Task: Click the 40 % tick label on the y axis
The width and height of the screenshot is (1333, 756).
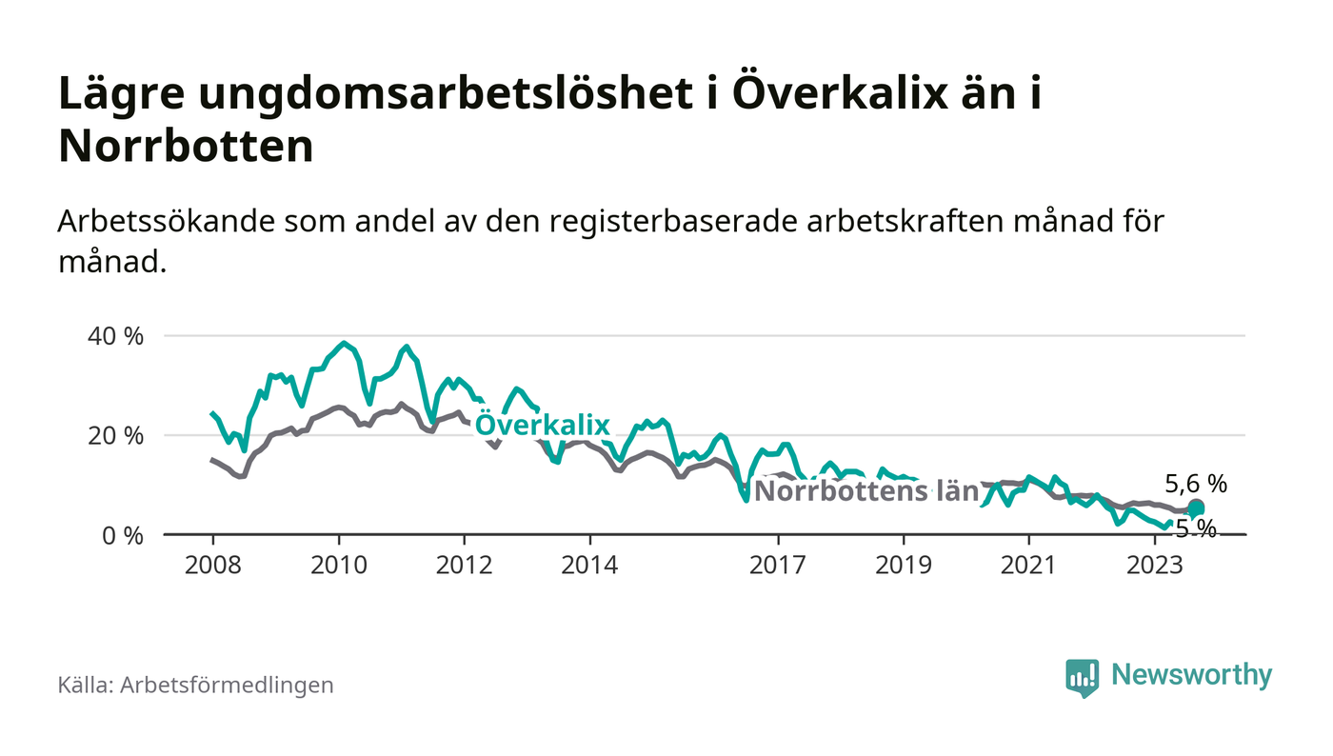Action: (117, 336)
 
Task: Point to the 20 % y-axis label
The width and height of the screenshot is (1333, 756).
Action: (117, 436)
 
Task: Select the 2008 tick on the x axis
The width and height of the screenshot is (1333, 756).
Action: (212, 564)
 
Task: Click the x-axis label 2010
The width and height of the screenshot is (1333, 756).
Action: (338, 564)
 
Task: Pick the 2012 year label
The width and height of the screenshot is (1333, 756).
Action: (464, 564)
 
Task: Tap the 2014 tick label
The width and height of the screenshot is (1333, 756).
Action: (589, 564)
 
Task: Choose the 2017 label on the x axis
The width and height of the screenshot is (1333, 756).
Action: (778, 564)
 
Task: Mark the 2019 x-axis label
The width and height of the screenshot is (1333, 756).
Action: (904, 564)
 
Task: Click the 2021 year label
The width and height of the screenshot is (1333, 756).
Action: (1029, 564)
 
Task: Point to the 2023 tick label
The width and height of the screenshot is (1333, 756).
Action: (1155, 564)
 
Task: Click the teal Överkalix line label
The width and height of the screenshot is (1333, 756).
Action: (542, 426)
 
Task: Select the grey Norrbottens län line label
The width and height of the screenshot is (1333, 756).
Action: (866, 491)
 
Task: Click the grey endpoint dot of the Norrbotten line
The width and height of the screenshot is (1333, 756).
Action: (1196, 507)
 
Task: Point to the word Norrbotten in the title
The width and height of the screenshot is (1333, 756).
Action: (186, 148)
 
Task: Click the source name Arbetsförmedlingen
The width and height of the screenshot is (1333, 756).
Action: (227, 685)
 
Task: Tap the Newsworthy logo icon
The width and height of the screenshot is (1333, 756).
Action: (1082, 677)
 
